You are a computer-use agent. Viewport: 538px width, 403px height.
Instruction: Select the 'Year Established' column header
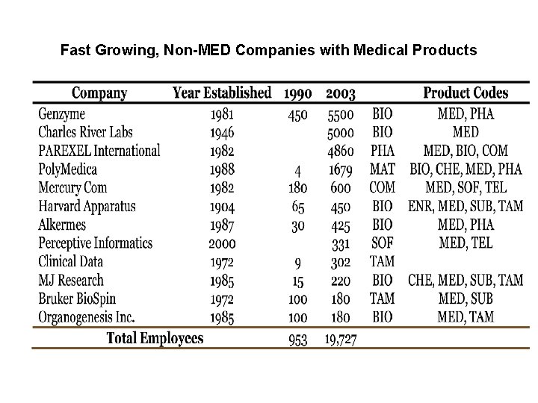[x=222, y=93]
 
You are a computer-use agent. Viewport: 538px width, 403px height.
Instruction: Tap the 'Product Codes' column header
[x=466, y=93]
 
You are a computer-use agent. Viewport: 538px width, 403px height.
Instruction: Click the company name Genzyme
[x=62, y=114]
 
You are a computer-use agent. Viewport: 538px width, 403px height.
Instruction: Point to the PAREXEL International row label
[x=99, y=151]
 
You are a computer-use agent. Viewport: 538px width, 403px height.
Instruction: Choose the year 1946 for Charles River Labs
[x=222, y=133]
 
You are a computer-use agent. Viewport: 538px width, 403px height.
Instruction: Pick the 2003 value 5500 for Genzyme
[x=341, y=114]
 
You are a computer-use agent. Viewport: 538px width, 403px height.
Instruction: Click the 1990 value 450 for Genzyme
[x=298, y=114]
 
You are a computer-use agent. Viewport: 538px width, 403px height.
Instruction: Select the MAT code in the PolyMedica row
[x=383, y=169]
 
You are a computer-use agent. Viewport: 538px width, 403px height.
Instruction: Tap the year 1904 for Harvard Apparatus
[x=222, y=206]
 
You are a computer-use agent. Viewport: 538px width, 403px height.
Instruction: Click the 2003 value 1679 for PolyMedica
[x=341, y=169]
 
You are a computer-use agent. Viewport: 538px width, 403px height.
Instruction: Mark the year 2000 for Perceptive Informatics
[x=222, y=243]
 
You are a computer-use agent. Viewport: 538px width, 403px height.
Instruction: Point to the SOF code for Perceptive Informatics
[x=383, y=243]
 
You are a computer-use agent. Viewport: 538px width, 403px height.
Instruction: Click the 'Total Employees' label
[x=155, y=339]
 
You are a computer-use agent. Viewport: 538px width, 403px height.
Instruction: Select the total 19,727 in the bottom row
[x=341, y=340]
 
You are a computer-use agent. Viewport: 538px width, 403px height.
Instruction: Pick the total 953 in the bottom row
[x=298, y=340]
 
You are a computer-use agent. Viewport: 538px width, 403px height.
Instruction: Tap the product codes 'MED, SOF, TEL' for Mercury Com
[x=466, y=188]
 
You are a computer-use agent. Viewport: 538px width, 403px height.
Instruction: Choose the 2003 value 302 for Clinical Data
[x=341, y=262]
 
